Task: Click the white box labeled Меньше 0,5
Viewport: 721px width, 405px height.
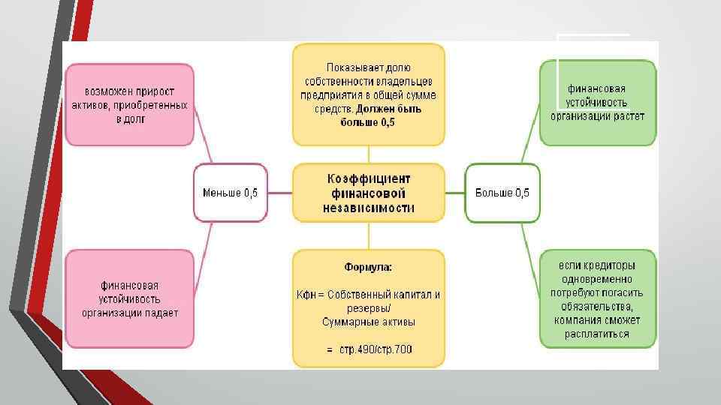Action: [230, 193]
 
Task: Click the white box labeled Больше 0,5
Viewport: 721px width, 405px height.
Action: [502, 193]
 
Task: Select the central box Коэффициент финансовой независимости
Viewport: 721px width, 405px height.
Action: [368, 193]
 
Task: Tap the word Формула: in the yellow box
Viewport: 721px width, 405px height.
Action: [368, 267]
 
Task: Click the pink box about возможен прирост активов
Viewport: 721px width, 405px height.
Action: [129, 104]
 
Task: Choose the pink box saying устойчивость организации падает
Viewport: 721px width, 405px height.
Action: [129, 298]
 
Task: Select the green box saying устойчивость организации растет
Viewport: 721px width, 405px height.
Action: [597, 103]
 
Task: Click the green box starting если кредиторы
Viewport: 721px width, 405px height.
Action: [597, 298]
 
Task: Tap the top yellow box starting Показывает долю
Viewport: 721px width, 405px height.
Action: [368, 94]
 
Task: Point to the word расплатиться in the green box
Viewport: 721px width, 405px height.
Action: [597, 334]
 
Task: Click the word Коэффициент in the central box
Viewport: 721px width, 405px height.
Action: [368, 178]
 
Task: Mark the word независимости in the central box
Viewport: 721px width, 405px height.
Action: [368, 208]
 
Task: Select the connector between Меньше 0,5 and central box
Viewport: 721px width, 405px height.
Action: [279, 193]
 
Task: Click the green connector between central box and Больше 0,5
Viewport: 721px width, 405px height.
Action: [454, 193]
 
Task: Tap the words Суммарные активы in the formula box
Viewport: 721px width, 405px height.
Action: [368, 322]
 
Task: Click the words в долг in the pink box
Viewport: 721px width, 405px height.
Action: [129, 119]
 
